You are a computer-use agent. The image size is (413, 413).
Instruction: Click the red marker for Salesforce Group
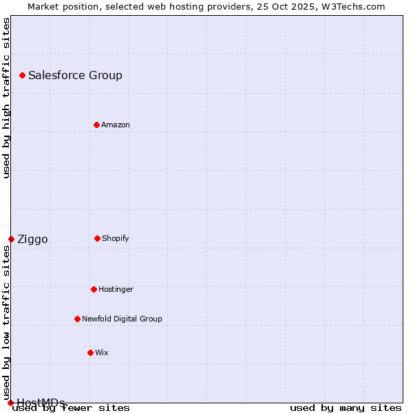22,75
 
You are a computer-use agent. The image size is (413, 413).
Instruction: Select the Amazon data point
96,125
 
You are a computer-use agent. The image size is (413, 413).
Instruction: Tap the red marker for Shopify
97,238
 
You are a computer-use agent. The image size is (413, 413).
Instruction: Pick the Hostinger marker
94,289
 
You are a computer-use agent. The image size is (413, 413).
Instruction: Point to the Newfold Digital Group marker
77,319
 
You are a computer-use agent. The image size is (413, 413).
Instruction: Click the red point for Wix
90,352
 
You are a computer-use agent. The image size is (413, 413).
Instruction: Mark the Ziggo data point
11,239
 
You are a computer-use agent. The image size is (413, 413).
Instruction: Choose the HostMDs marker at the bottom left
10,403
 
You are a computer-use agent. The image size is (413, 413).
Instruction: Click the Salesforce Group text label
75,76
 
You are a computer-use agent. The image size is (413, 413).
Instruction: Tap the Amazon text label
115,125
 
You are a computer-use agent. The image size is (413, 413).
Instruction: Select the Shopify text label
115,238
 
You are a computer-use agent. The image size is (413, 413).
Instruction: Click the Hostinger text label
116,289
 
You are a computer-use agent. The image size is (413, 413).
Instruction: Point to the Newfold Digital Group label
122,319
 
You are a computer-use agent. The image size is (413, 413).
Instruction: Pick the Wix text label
101,352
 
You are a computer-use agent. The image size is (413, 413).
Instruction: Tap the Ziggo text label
32,240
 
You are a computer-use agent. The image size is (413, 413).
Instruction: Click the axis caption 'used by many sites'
346,407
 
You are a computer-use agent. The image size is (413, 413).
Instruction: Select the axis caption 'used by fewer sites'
72,407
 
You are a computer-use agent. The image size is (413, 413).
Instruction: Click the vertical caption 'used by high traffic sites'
6,98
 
